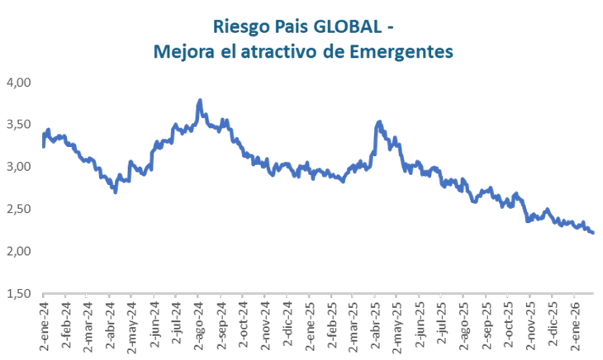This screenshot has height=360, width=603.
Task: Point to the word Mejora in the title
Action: pyautogui.click(x=183, y=52)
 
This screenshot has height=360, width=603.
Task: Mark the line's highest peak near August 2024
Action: pyautogui.click(x=200, y=101)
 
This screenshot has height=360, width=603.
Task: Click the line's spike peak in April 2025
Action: pyautogui.click(x=379, y=122)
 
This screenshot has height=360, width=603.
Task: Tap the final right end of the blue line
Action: pyautogui.click(x=594, y=233)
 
